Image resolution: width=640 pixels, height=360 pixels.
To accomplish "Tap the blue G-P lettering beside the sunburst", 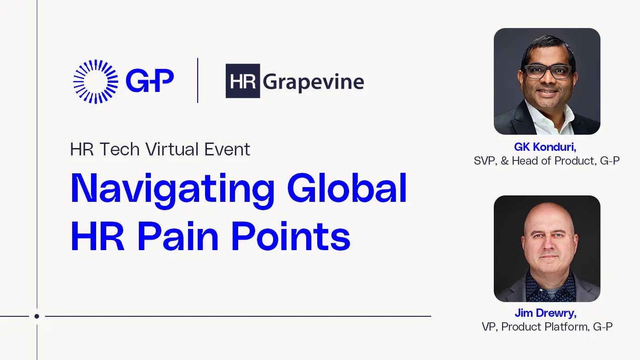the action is click(150, 80).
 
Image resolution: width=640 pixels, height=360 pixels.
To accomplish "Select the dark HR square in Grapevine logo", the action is click(243, 81).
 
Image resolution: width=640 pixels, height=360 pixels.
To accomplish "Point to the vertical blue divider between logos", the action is click(198, 80).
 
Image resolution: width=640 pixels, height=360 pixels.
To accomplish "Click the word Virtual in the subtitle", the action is click(172, 149).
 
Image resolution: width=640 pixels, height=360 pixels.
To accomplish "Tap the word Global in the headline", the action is click(347, 188).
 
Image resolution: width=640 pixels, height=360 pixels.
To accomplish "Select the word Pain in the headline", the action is click(178, 236).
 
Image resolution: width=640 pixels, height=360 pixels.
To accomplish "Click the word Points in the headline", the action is click(291, 236).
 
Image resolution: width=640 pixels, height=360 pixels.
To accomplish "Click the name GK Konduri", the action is click(545, 147).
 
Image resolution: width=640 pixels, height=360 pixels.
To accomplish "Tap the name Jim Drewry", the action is click(546, 313).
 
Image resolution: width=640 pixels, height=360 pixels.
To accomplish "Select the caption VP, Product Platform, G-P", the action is click(547, 326).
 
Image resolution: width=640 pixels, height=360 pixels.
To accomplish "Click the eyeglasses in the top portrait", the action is click(548, 72).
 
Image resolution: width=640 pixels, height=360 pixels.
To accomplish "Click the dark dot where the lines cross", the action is click(37, 316).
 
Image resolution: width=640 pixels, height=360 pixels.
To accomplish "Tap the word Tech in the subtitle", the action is click(120, 149).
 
